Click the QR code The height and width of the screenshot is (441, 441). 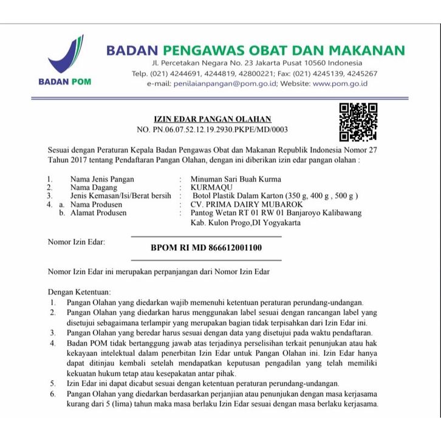358,121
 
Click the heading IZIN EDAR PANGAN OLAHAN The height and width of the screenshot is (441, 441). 212,118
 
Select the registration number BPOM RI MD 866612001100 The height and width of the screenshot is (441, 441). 207,248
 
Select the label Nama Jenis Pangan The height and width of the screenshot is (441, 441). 102,179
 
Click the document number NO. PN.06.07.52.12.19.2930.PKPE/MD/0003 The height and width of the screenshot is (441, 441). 212,129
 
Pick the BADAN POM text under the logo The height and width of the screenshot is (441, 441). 64,81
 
